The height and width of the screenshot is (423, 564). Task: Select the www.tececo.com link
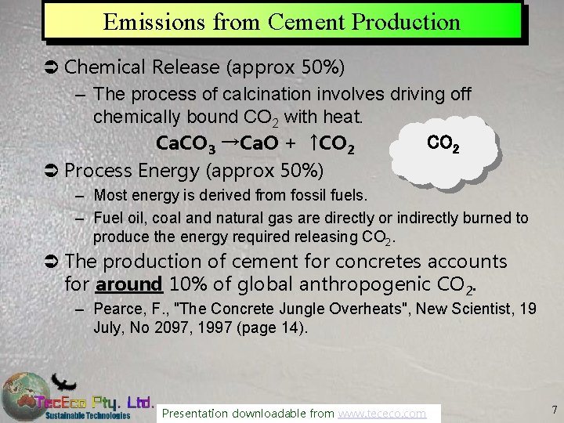382,413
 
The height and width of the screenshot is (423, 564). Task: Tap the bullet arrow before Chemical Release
50,68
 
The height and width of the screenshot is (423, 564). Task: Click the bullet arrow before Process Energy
50,170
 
